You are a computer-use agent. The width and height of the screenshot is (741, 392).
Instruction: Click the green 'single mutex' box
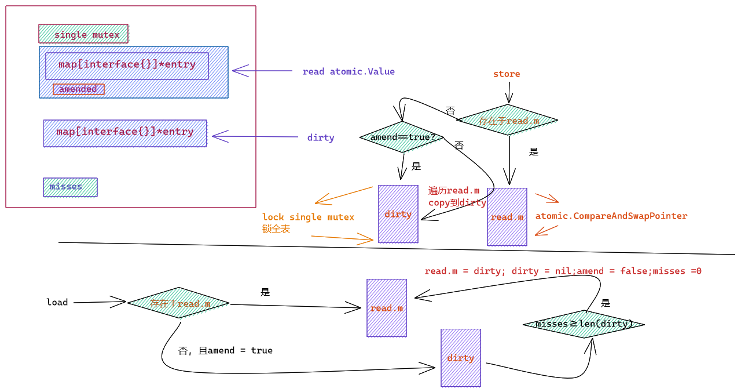click(x=83, y=34)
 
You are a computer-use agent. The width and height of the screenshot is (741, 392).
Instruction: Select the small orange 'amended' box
click(x=79, y=89)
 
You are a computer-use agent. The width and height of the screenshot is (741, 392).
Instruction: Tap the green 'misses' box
click(x=70, y=187)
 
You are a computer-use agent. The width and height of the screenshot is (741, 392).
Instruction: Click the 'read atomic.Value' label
click(x=349, y=71)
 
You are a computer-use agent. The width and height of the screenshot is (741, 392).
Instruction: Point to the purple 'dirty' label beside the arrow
click(x=321, y=137)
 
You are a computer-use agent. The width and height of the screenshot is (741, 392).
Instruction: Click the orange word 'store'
click(x=507, y=74)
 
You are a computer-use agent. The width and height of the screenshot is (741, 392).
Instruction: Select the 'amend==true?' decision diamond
click(x=402, y=137)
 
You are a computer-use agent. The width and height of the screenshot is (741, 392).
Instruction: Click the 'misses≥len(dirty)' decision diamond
click(x=584, y=324)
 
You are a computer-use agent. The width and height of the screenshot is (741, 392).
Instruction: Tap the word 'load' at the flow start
click(x=57, y=302)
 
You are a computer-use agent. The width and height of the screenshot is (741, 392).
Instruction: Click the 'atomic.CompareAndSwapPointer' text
click(x=611, y=216)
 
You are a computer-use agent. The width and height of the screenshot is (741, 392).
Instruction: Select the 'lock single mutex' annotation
click(x=308, y=217)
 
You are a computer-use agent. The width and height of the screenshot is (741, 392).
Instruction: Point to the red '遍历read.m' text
click(x=453, y=191)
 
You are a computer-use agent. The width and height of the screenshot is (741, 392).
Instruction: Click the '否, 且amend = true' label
click(x=225, y=351)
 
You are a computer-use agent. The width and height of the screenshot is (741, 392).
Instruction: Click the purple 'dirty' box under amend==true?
click(x=398, y=214)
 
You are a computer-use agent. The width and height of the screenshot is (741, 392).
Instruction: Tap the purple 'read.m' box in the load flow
click(x=387, y=308)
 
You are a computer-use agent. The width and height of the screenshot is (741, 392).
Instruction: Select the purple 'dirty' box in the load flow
click(x=461, y=358)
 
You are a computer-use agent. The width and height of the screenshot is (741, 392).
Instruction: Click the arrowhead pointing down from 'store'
click(x=509, y=99)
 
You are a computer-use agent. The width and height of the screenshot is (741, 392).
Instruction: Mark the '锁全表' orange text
click(x=276, y=228)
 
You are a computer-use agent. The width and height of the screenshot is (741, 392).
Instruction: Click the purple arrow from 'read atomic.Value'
click(x=262, y=71)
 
